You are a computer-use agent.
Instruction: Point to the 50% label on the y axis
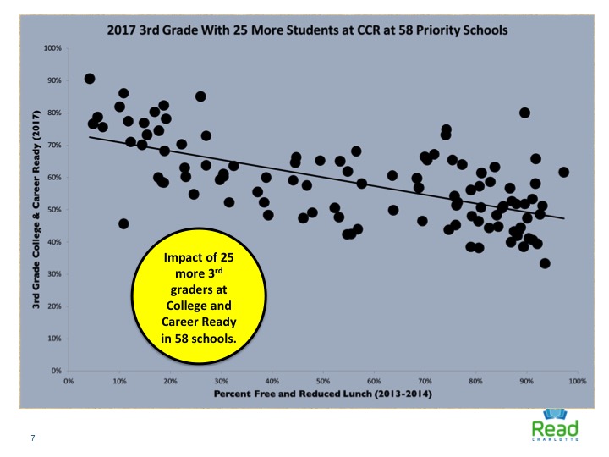(54, 210)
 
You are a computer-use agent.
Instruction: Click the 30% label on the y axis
(54, 274)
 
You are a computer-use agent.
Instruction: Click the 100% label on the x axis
(577, 382)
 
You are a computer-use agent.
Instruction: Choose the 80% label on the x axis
(475, 382)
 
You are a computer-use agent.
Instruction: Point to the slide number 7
(32, 437)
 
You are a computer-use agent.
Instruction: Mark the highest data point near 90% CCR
(90, 79)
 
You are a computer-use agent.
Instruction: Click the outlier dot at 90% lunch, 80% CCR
(525, 113)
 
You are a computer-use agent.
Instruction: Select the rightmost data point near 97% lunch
(564, 172)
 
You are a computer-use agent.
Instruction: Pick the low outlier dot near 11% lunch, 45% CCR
(124, 223)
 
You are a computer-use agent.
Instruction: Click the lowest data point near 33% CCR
(546, 263)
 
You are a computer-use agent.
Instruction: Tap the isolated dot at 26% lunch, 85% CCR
(200, 96)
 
